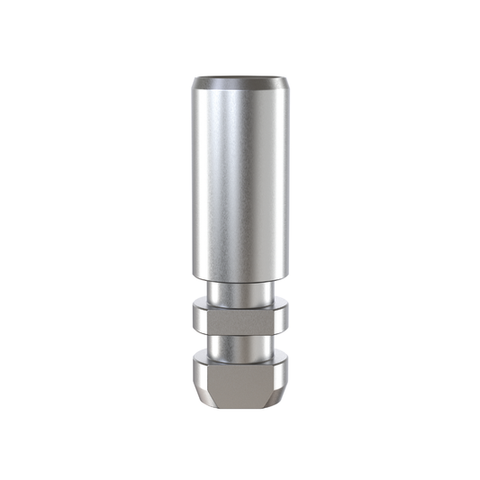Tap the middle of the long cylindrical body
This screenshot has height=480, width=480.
click(240, 180)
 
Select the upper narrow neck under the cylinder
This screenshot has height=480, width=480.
click(240, 292)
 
